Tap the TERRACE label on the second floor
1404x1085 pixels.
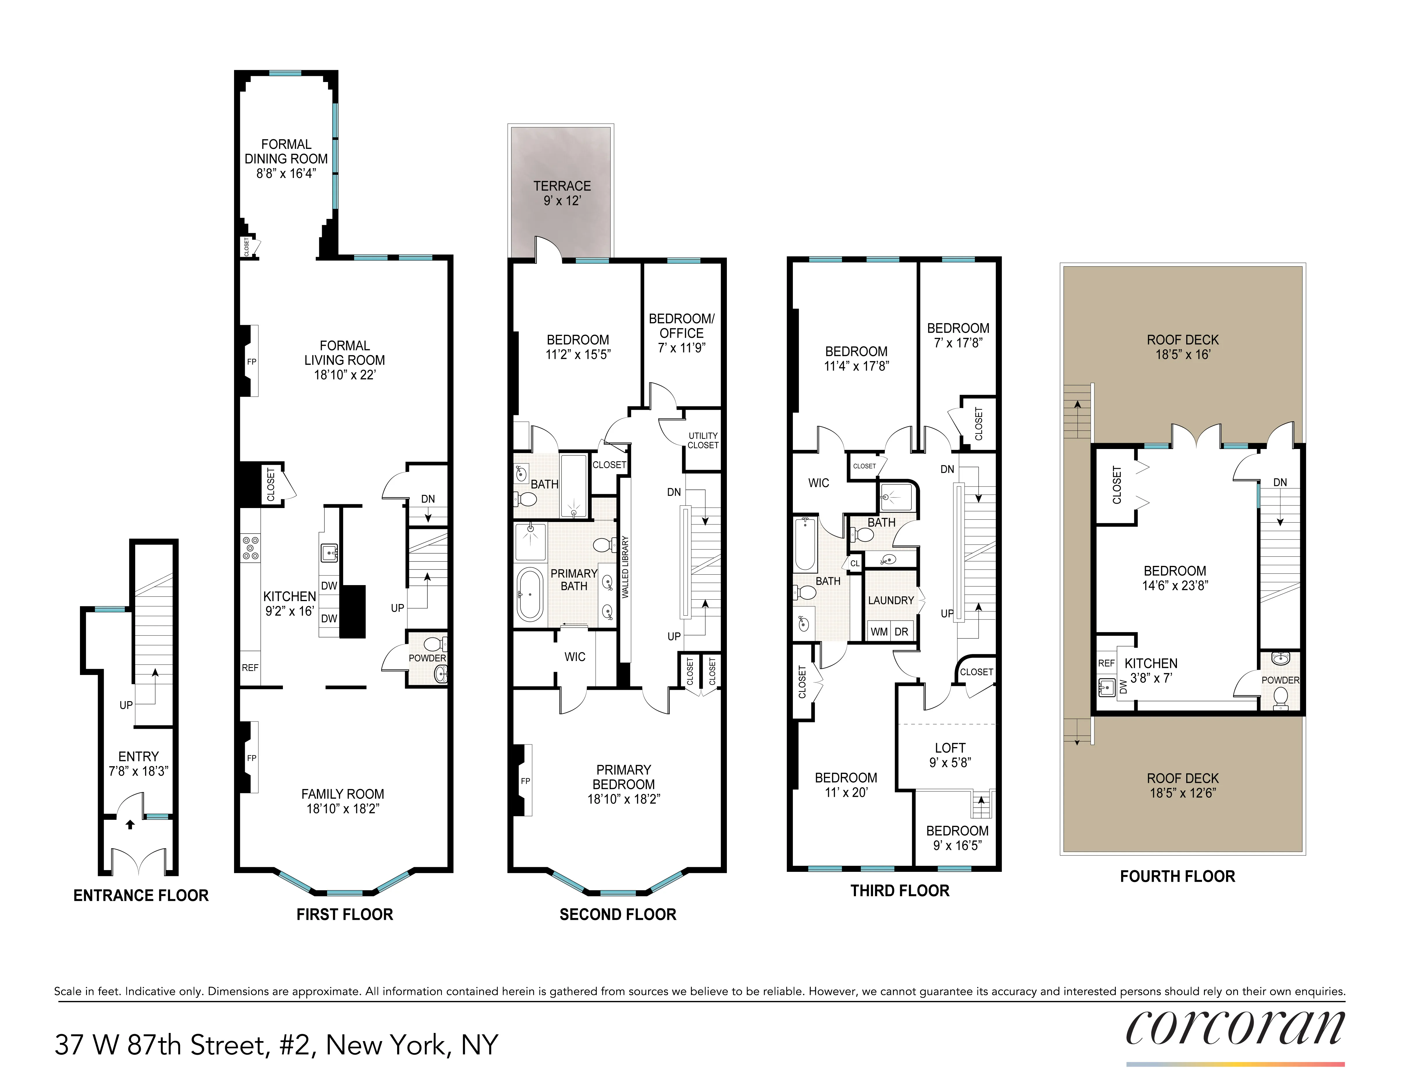click(562, 186)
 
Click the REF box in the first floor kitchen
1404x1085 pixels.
click(250, 668)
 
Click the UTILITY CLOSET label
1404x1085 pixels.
click(703, 441)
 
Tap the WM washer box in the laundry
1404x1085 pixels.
click(879, 632)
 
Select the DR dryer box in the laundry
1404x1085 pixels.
click(901, 632)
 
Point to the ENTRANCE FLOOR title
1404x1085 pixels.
click(141, 895)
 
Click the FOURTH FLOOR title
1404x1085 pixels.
click(1177, 876)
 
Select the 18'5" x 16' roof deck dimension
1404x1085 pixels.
click(1183, 354)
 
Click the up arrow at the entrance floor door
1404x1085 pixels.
click(130, 824)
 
